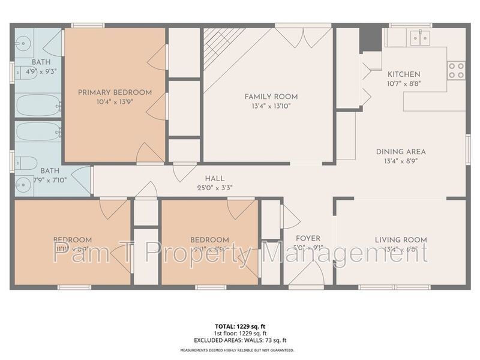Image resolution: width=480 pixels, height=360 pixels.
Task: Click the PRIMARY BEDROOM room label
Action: pos(115,92)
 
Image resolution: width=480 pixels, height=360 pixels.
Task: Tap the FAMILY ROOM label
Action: pos(271,97)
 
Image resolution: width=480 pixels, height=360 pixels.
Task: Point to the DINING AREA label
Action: pos(401,152)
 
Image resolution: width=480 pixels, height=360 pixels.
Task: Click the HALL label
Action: pos(214,178)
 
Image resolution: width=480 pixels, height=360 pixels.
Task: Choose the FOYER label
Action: pos(308,238)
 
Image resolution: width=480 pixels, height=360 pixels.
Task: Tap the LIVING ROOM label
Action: pos(401,240)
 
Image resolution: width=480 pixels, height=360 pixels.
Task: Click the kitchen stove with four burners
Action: pos(457,70)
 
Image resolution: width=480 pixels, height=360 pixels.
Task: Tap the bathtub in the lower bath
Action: pos(37,131)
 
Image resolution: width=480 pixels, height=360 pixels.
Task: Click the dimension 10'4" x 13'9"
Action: pos(115,103)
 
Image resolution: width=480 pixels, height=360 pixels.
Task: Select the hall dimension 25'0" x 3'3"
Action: pos(214,187)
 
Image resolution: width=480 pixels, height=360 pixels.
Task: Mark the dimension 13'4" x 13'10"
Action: pos(271,107)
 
